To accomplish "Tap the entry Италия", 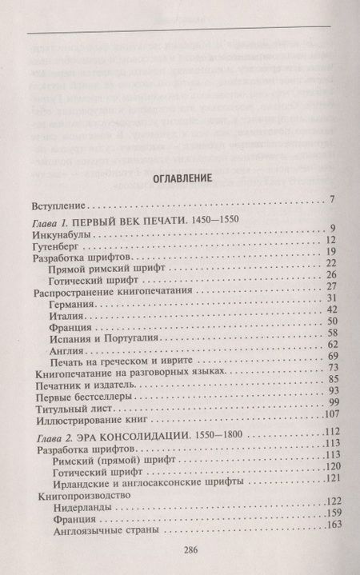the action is pos(69,339).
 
